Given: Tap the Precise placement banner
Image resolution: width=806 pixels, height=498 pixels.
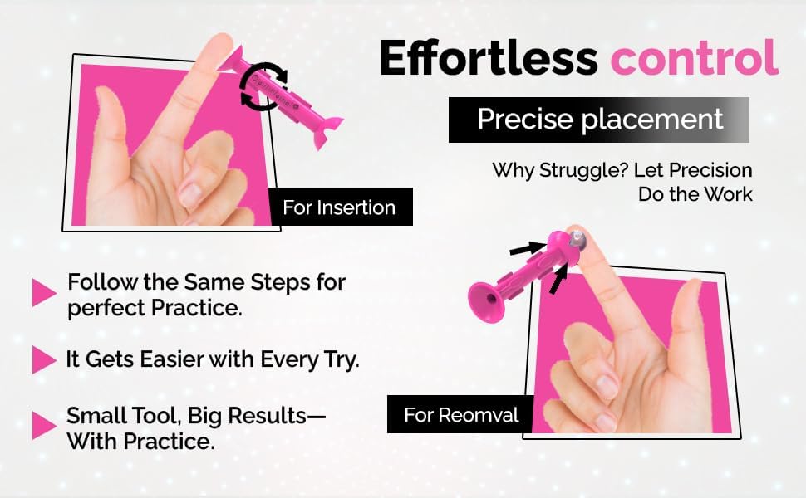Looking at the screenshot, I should click(599, 120).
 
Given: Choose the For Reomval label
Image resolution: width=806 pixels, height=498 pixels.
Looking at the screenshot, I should click(460, 414).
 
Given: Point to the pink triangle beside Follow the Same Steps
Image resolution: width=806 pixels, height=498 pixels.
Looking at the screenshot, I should click(43, 293).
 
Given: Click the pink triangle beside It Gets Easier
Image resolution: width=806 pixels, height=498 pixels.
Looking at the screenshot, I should click(43, 360).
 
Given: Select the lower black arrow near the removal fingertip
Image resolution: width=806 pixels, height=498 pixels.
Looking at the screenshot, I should click(558, 278).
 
